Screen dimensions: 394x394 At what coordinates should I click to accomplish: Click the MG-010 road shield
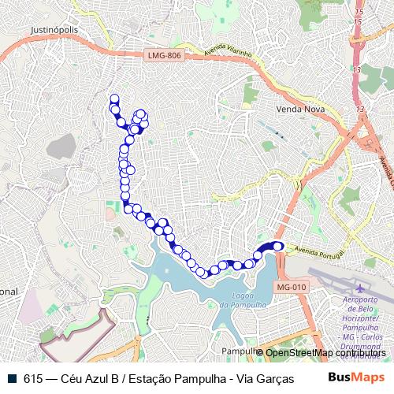[x=291, y=287]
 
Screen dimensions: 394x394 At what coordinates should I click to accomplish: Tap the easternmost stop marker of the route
[x=278, y=246]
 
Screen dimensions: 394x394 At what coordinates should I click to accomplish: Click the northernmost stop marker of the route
[x=114, y=98]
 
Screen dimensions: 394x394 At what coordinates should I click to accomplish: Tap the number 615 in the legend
[x=33, y=378]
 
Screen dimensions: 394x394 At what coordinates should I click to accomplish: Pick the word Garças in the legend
[x=266, y=378]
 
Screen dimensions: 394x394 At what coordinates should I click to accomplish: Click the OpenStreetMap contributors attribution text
[x=325, y=352]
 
